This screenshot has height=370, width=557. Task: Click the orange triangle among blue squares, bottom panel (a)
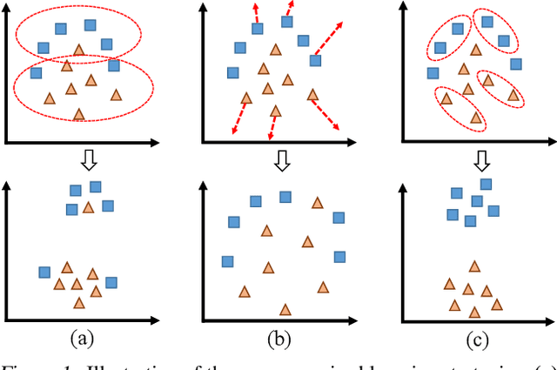tap(88, 206)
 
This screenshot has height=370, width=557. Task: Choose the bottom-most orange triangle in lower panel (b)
tap(285, 308)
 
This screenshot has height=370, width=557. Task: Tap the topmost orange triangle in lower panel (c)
tap(474, 266)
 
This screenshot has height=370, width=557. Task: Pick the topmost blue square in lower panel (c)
tap(487, 184)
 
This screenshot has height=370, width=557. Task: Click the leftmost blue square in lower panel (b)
tap(227, 261)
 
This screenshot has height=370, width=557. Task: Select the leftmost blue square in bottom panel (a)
tap(44, 272)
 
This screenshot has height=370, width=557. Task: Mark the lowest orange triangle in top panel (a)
tap(79, 113)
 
